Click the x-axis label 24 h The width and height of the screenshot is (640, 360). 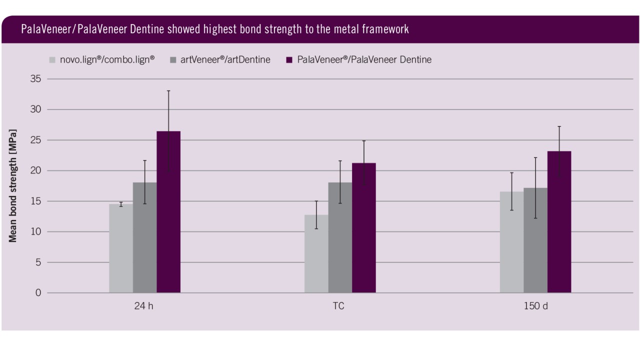click(x=143, y=306)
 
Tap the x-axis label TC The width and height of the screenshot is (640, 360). click(x=338, y=306)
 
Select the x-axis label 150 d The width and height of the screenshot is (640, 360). click(x=535, y=306)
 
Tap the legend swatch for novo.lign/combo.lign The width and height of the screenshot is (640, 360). click(x=52, y=60)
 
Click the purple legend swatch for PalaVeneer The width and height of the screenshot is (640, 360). click(x=289, y=60)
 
